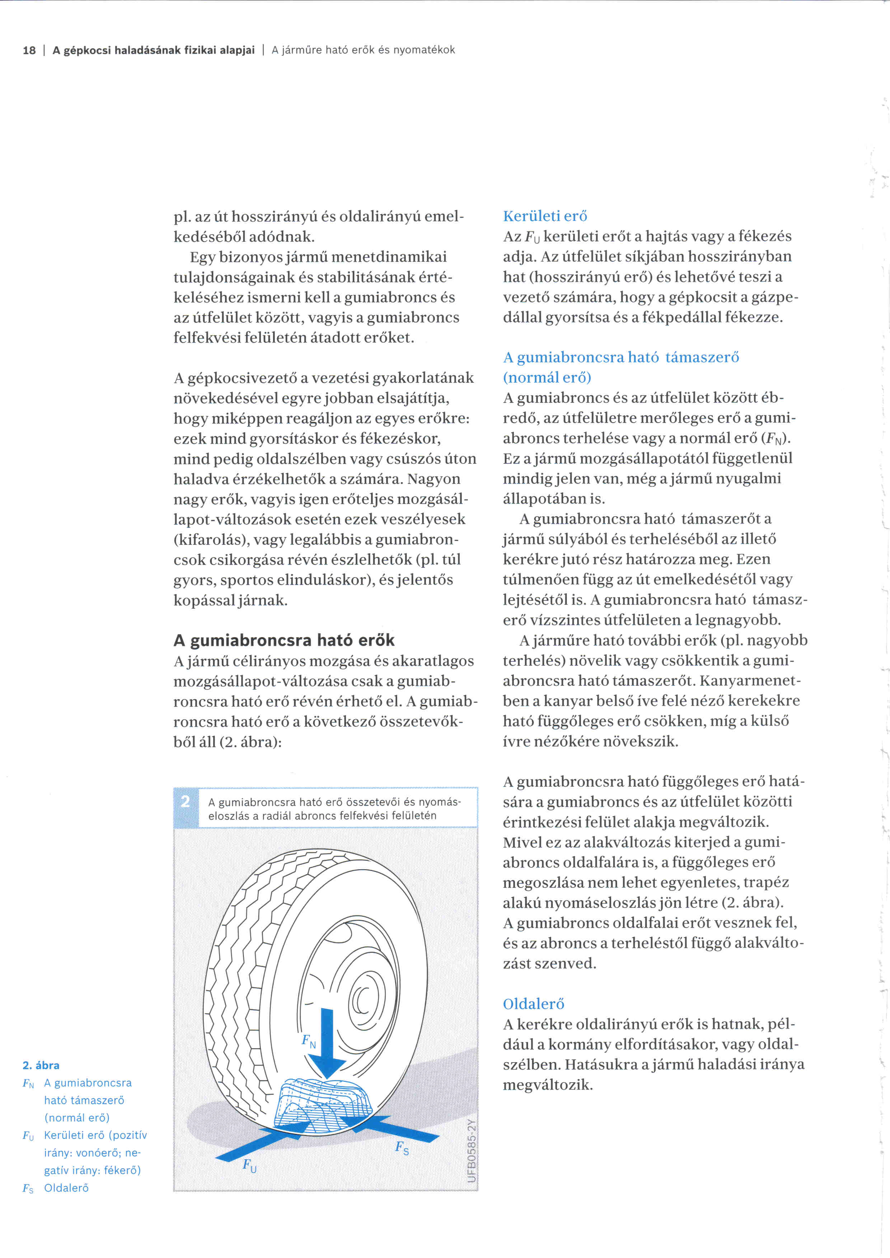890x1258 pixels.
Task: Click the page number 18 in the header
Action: click(29, 51)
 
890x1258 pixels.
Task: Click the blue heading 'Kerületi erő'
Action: click(545, 216)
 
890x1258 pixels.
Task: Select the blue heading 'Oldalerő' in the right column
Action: click(533, 1004)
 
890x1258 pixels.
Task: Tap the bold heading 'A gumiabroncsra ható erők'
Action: click(284, 640)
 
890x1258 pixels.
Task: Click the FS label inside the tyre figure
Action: click(402, 1147)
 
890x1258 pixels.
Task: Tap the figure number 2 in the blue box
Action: click(185, 802)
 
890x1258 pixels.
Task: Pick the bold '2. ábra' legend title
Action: click(41, 1065)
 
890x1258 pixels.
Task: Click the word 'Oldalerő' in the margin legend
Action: click(66, 1188)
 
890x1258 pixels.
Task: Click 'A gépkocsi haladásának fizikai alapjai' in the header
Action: click(154, 51)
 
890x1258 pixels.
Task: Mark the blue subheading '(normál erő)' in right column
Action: click(547, 377)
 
